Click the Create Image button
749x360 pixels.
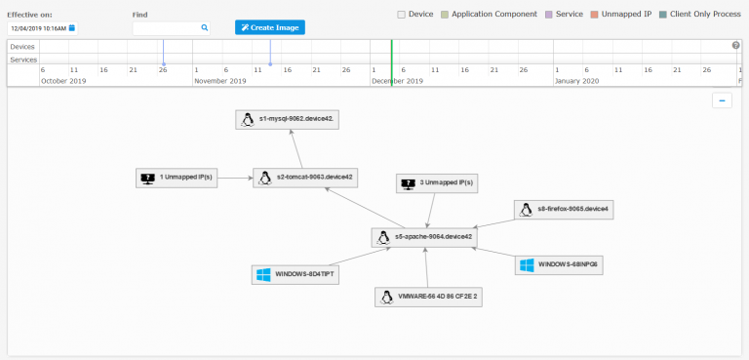[x=270, y=27]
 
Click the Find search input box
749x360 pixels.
[x=167, y=28]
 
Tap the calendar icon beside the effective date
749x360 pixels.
[x=71, y=28]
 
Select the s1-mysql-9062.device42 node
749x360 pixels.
[x=290, y=119]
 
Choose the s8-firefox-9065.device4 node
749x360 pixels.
[x=565, y=209]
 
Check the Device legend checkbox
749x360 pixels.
[x=402, y=15]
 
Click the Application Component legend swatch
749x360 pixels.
[x=444, y=15]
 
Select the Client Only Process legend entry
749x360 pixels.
[x=661, y=15]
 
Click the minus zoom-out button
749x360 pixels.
[x=722, y=100]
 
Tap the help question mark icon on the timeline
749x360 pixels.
[x=736, y=46]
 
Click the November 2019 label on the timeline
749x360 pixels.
[x=223, y=81]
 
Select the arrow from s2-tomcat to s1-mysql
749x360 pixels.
[x=296, y=147]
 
